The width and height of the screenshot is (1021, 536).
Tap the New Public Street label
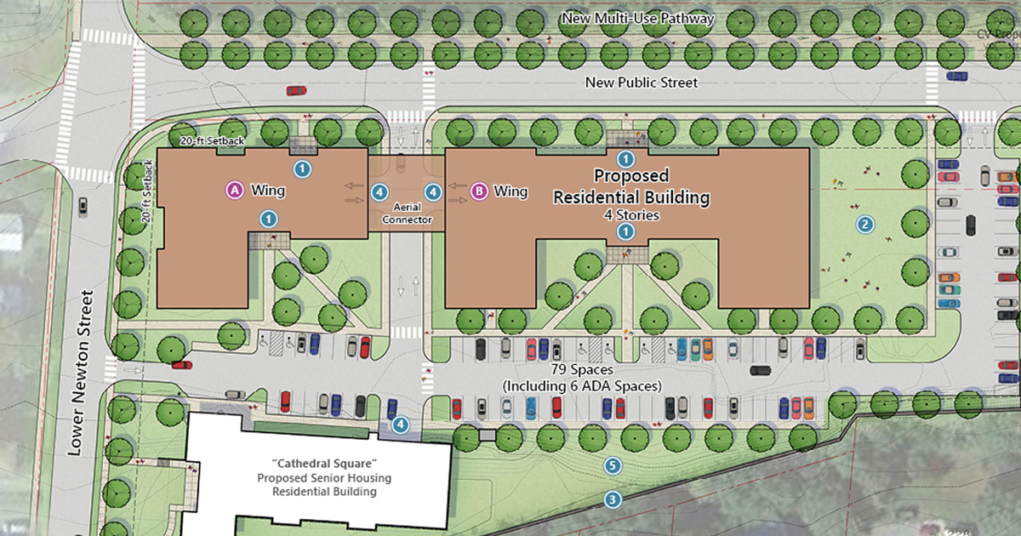[x=642, y=83]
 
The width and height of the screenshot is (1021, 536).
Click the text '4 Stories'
[x=631, y=214]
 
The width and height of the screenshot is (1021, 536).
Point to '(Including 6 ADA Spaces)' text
[x=582, y=386]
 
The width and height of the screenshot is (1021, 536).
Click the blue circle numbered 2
[x=865, y=225]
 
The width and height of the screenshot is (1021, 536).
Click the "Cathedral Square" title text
[x=317, y=465]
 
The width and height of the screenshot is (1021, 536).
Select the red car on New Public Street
[x=296, y=90]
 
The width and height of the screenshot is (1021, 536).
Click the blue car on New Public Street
[x=956, y=76]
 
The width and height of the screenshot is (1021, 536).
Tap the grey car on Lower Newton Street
[x=83, y=206]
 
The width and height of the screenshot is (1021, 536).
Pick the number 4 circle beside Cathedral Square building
[x=399, y=424]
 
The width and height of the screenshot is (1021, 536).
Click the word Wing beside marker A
[x=267, y=191]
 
